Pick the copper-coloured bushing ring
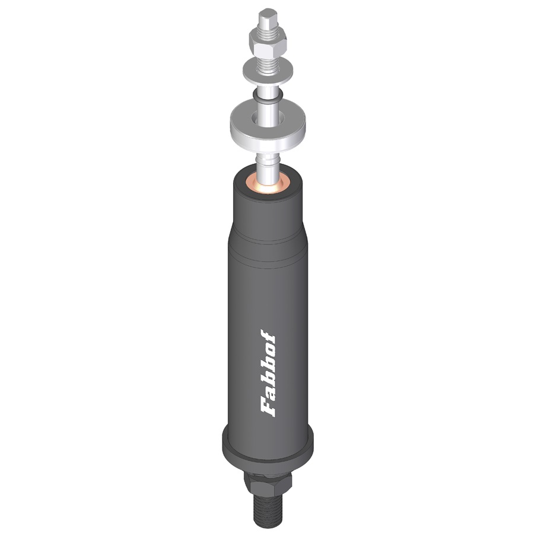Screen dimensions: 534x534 pos(268,184)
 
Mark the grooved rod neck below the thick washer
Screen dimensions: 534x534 pos(268,162)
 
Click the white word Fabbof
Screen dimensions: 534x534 pos(268,373)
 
